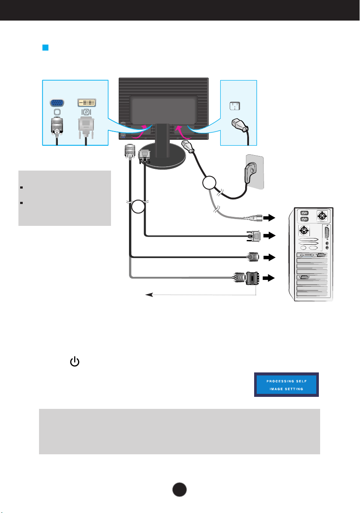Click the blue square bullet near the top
(x=45, y=48)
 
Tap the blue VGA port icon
(x=57, y=103)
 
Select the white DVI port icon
(x=87, y=102)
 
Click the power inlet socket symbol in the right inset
(x=235, y=106)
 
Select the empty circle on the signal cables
(x=138, y=207)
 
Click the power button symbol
(x=75, y=362)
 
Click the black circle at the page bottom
(x=179, y=489)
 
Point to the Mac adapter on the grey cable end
(x=252, y=278)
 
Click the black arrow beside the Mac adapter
(x=269, y=278)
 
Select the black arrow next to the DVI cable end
(x=269, y=236)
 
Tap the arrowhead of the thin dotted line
(x=149, y=295)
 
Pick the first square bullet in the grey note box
(x=21, y=187)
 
